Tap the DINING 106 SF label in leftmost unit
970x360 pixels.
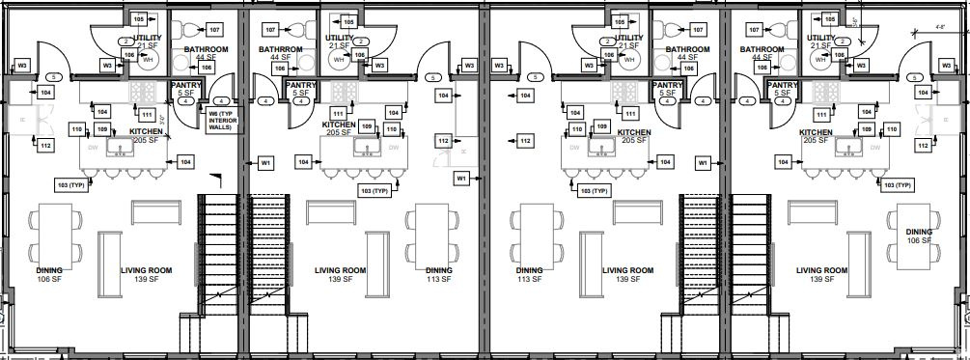click(50, 275)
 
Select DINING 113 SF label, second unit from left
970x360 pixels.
click(438, 275)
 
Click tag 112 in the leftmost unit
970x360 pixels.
click(44, 145)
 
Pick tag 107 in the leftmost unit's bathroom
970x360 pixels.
click(213, 30)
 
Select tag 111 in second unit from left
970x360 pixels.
click(339, 113)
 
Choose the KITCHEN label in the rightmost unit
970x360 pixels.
click(816, 132)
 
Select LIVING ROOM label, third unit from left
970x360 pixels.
click(629, 275)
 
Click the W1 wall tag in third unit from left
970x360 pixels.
click(703, 164)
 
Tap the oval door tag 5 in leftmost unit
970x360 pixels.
click(54, 77)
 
